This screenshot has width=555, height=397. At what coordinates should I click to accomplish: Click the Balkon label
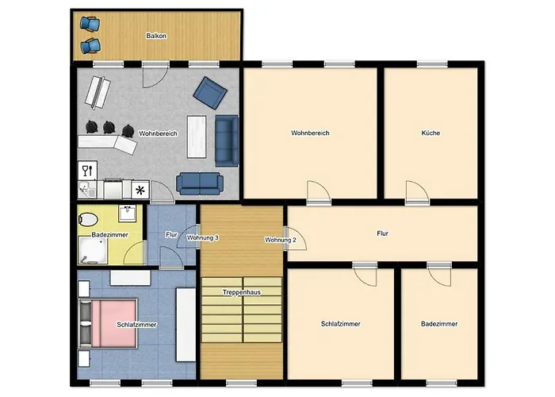coord(156,36)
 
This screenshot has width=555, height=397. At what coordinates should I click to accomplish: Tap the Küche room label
coord(431,133)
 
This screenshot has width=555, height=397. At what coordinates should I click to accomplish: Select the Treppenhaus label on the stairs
coord(242,292)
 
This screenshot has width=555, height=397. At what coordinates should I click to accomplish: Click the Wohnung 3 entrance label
coord(202,237)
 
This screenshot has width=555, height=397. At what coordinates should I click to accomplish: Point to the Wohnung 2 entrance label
coord(281,240)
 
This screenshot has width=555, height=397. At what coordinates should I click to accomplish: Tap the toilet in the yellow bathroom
coord(88,219)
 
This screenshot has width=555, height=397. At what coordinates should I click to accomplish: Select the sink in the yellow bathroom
coord(128,214)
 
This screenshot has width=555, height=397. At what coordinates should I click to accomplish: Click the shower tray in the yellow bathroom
coord(93,251)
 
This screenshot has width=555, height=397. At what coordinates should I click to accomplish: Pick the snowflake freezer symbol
coord(140,191)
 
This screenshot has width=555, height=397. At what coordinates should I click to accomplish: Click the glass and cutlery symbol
coord(87,171)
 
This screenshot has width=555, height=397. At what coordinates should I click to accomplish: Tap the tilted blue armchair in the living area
coord(210,93)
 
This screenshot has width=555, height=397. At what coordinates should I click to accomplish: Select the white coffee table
coord(197,137)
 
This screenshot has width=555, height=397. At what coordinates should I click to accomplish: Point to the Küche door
coord(417,192)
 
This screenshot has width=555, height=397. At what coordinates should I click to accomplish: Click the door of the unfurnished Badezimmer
coord(439,274)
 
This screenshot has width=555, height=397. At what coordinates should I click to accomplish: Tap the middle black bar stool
coord(109,128)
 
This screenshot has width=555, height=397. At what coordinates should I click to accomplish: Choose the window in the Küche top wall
coord(432,64)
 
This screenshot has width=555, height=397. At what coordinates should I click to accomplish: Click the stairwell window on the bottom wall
coord(241,383)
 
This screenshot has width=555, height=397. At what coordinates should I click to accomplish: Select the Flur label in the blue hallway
coord(171,235)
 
